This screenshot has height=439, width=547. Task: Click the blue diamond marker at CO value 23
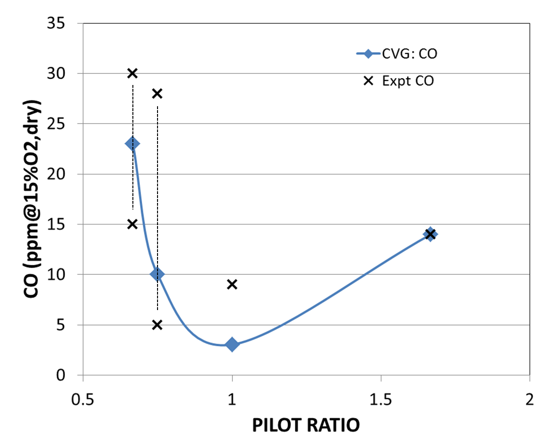(132, 143)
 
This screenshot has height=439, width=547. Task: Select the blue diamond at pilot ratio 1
(232, 344)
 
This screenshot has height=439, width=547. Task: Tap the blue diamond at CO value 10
(157, 274)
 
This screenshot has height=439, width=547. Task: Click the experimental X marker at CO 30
(132, 73)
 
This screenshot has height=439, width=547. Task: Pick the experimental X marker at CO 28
(157, 93)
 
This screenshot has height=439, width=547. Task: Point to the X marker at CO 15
(132, 224)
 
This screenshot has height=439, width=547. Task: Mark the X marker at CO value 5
(157, 325)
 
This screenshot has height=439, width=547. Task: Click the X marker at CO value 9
(232, 284)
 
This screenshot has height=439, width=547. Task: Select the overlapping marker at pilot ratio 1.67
(430, 234)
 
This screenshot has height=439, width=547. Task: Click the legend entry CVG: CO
(396, 54)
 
